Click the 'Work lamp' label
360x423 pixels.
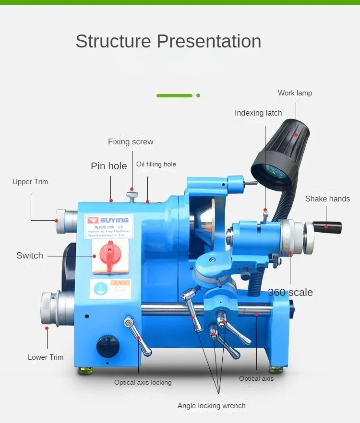pyautogui.click(x=295, y=93)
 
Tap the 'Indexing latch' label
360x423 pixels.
pyautogui.click(x=258, y=113)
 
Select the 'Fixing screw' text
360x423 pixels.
pyautogui.click(x=131, y=142)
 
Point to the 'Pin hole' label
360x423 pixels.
pyautogui.click(x=109, y=166)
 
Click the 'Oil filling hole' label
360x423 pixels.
pyautogui.click(x=156, y=164)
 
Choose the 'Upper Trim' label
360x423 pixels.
pyautogui.click(x=30, y=182)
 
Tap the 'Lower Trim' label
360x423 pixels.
pyautogui.click(x=46, y=357)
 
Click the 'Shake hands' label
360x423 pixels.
pyautogui.click(x=327, y=199)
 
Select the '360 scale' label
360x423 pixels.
pyautogui.click(x=290, y=293)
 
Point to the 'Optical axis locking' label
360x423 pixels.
pyautogui.click(x=143, y=383)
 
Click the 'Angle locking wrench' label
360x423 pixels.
pyautogui.click(x=211, y=406)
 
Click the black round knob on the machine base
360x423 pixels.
pyautogui.click(x=107, y=346)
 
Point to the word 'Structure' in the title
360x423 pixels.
pyautogui.click(x=113, y=42)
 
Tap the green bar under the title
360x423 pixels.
pyautogui.click(x=174, y=95)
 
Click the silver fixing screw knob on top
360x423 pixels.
pyautogui.click(x=132, y=195)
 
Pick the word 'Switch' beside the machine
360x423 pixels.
pyautogui.click(x=30, y=256)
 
